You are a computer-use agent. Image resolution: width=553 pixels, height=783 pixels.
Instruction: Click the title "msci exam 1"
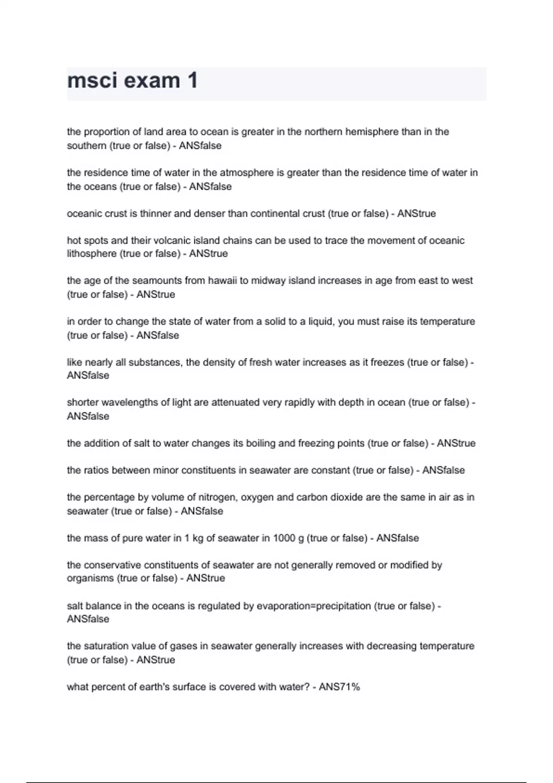click(133, 81)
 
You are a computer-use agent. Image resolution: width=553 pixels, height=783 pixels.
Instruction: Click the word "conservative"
click(112, 565)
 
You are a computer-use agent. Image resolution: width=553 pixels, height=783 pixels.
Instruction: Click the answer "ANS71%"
click(339, 687)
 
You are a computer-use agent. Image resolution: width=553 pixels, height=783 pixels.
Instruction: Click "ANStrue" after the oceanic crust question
click(416, 214)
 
